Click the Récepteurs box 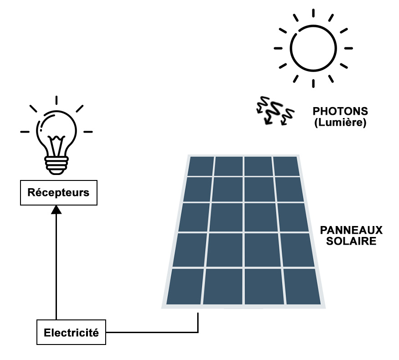tap(59, 192)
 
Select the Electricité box tap(71, 332)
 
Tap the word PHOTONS tap(340, 111)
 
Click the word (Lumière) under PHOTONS tap(340, 123)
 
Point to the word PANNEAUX tap(351, 230)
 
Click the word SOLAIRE tap(351, 241)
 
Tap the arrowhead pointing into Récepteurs tap(56, 209)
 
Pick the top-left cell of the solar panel tap(200, 166)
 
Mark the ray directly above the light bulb tap(56, 101)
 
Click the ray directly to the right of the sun tap(348, 48)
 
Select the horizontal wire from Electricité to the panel tap(150, 332)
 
